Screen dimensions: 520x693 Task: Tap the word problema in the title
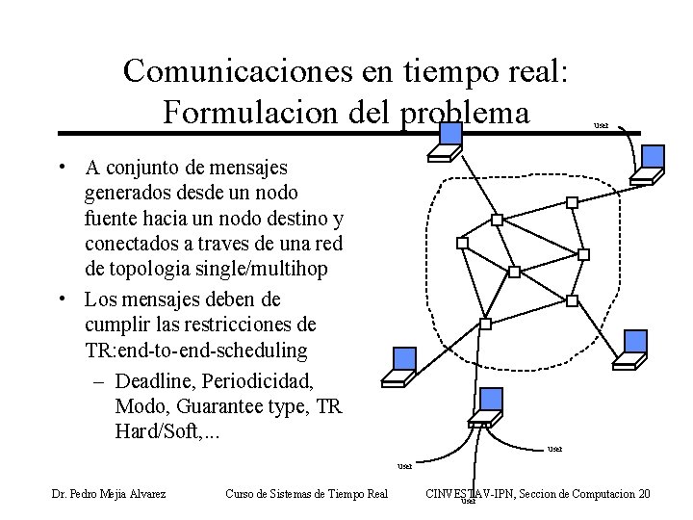pos(464,112)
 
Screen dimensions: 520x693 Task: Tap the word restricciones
pos(252,323)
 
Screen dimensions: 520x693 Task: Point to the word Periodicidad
pos(257,380)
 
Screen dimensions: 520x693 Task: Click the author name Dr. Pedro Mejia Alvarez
pos(109,494)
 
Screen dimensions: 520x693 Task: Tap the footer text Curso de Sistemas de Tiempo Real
pos(306,494)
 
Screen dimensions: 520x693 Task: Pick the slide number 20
pos(644,494)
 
